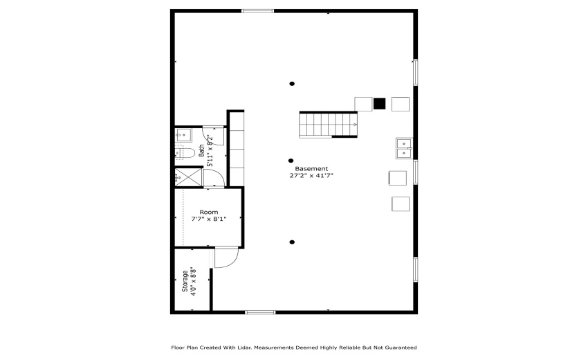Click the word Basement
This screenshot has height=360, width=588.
(311, 168)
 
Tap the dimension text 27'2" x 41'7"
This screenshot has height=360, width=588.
(311, 176)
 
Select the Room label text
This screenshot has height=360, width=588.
(208, 212)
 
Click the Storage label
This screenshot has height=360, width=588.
(185, 282)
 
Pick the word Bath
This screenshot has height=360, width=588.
(201, 151)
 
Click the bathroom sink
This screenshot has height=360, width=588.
(185, 134)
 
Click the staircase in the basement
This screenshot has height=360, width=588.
(329, 124)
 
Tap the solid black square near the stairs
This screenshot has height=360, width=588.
(379, 104)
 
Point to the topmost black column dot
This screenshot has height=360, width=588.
(292, 84)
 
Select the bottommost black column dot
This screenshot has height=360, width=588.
(292, 242)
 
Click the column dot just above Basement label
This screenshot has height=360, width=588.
(291, 161)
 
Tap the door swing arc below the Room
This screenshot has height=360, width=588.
(227, 258)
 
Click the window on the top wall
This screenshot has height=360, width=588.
(257, 11)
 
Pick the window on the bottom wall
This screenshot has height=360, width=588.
(261, 312)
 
